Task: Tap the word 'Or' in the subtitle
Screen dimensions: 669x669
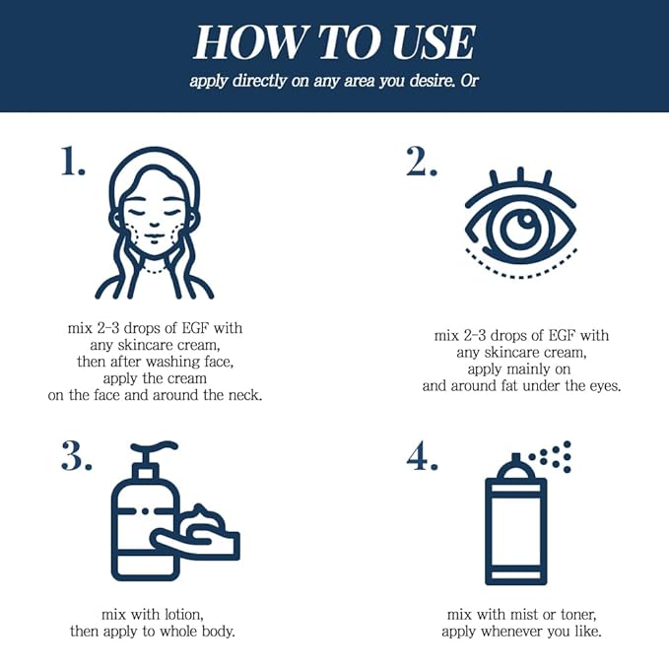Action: (469, 81)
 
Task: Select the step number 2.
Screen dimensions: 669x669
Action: (422, 162)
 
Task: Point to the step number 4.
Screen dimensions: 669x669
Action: (423, 456)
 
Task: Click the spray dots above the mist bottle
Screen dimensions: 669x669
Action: (555, 455)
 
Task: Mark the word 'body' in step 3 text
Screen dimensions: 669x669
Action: (212, 631)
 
